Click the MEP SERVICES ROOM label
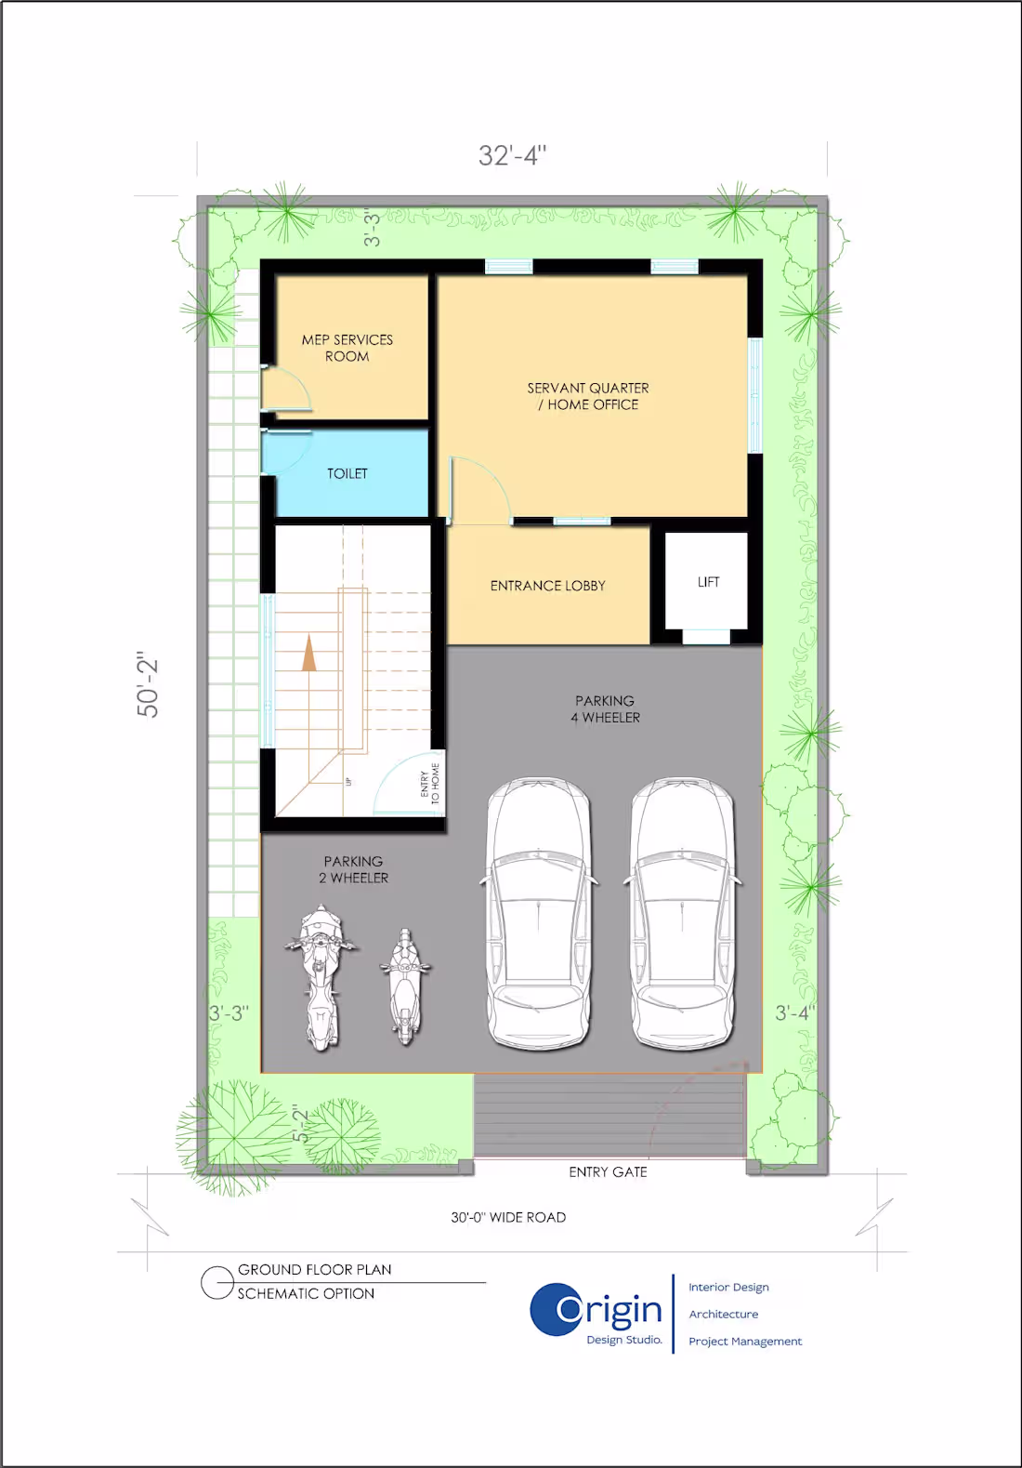(x=347, y=348)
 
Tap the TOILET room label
(x=347, y=473)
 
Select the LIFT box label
(x=708, y=582)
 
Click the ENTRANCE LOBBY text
(x=547, y=586)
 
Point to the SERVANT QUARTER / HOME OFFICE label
(x=588, y=396)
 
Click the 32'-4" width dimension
(x=512, y=155)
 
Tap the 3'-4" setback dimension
(x=794, y=1012)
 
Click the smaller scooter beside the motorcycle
(x=405, y=985)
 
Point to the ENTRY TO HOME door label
(x=430, y=783)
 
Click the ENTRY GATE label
(x=608, y=1172)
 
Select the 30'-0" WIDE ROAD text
(x=508, y=1217)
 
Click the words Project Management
(x=745, y=1341)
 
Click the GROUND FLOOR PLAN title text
(x=314, y=1269)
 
